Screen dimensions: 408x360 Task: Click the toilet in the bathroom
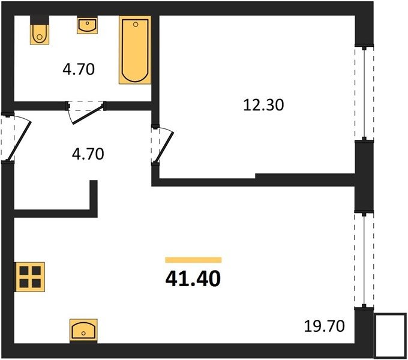pos(40,34)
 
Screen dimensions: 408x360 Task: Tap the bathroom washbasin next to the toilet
pos(87,25)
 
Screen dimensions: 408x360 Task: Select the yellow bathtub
pos(135,50)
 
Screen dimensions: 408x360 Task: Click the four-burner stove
pos(30,277)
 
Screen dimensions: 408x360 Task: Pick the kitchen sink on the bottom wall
pos(83,331)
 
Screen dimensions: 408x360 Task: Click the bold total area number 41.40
pos(193,278)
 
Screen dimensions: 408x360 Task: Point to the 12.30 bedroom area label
pos(263,106)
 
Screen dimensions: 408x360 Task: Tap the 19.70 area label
pos(324,326)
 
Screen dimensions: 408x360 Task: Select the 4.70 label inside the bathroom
pos(79,70)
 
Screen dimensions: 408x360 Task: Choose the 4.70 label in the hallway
pos(88,154)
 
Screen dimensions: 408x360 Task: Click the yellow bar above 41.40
pos(193,260)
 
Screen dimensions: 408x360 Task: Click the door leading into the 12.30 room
pos(164,147)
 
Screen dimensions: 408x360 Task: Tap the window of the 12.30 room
pos(364,93)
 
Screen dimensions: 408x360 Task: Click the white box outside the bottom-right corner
pos(391,335)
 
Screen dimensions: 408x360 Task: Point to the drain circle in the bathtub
pos(136,25)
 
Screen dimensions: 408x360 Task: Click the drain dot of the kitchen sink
pos(83,333)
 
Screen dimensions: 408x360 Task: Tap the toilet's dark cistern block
pos(40,20)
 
